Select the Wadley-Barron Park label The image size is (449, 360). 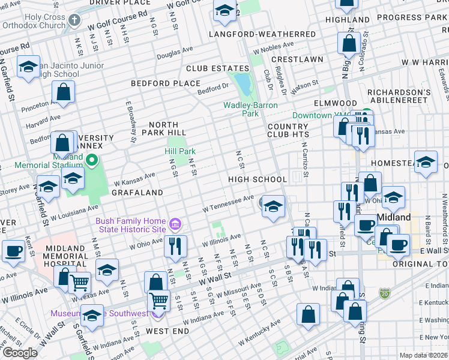(249, 109)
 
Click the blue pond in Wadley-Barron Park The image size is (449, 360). (243, 82)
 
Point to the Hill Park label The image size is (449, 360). (179, 152)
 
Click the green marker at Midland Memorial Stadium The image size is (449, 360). (91, 160)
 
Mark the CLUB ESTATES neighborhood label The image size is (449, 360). (217, 69)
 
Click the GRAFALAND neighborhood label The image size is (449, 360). (137, 193)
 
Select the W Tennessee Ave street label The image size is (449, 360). (228, 203)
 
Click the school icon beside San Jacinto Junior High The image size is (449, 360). (28, 68)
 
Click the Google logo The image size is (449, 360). (20, 353)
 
